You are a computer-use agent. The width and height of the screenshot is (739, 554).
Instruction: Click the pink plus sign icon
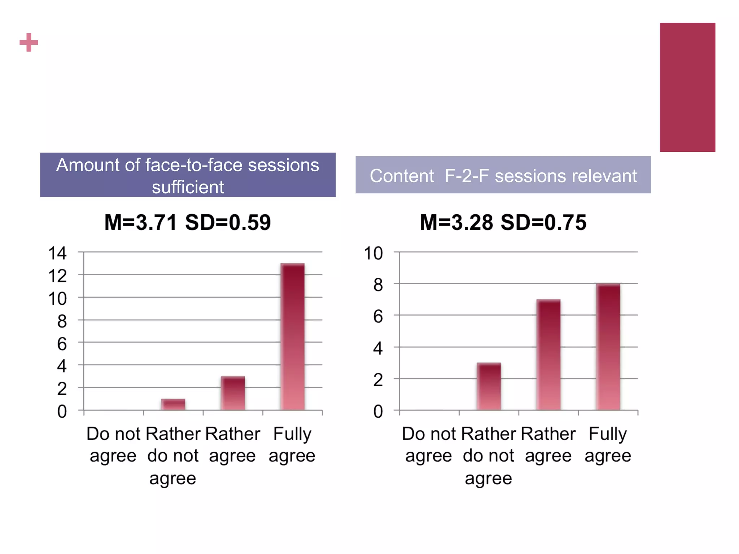coord(29,43)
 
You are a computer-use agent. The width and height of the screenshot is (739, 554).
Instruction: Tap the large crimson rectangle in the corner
coord(687,87)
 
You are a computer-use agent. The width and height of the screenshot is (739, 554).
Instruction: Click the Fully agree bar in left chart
coord(292,337)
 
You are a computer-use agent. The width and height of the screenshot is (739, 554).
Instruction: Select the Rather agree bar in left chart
coord(233,393)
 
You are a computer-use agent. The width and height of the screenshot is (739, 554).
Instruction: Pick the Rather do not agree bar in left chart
coord(173,404)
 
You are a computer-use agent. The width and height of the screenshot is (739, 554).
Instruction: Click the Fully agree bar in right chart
coord(608,347)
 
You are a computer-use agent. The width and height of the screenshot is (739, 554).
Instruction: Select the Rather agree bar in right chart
coord(548,355)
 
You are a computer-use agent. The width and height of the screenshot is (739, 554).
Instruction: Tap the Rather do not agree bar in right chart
coord(489,386)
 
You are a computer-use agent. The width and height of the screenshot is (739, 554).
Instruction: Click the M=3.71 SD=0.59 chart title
coord(187,222)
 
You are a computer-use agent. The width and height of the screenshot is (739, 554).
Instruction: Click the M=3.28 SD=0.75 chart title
coord(503,222)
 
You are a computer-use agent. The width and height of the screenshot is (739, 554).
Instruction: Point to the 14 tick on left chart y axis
coord(57,253)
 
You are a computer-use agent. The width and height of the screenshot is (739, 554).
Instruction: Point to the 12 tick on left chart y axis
coord(57,276)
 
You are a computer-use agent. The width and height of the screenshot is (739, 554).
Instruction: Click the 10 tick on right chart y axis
coord(373,253)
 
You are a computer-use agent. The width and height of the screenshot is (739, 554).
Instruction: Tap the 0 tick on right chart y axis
coord(378,411)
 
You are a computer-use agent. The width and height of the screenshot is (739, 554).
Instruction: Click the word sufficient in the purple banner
coord(188,187)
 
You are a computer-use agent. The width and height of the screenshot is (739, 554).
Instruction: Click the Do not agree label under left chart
coord(113,444)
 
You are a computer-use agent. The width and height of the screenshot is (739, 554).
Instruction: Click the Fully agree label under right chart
coord(608,444)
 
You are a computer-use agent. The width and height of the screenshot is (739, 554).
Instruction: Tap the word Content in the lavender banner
coord(402,176)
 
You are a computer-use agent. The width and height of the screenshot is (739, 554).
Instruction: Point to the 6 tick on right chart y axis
coord(378,317)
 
